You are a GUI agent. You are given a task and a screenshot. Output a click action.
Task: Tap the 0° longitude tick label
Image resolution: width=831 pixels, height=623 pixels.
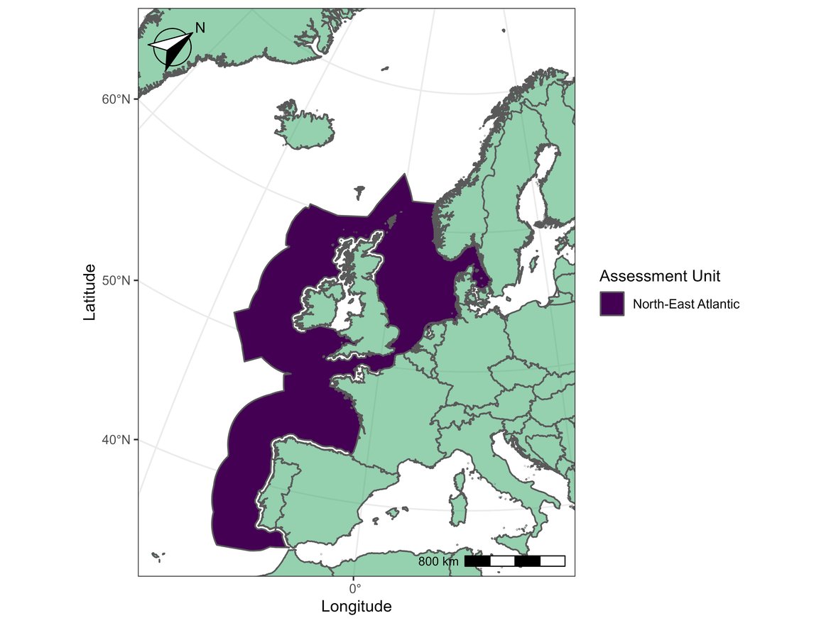354,588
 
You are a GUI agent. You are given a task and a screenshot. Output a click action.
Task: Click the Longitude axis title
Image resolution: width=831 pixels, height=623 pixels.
356,607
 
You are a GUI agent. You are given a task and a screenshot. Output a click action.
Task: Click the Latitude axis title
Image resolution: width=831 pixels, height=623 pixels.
89,292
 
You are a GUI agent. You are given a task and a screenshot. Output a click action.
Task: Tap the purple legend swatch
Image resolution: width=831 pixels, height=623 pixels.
612,304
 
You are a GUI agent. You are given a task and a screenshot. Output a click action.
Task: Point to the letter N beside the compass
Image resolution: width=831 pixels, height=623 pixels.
200,28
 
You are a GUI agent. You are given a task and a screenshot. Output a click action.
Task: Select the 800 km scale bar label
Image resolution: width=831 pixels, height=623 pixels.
438,562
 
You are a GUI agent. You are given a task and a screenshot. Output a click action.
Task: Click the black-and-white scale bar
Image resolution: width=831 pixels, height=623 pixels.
515,561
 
